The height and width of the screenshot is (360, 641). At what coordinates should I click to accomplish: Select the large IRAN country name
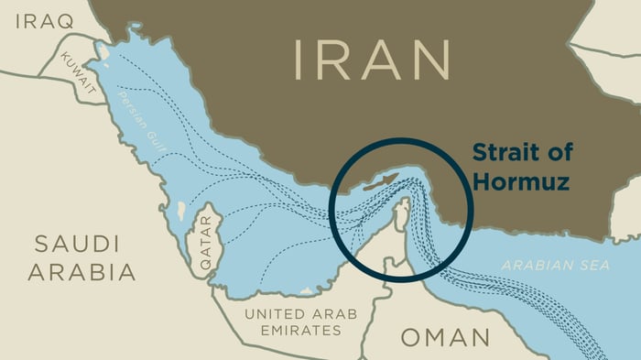(x=372, y=59)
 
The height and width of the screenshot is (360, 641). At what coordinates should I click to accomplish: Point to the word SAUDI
(x=78, y=244)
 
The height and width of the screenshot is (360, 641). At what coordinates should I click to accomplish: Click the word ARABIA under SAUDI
(x=81, y=272)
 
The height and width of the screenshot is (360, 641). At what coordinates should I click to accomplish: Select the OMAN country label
(x=444, y=337)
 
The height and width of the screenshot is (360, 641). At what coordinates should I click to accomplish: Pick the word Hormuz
(x=521, y=181)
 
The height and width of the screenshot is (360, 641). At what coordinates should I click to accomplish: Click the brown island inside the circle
(x=378, y=181)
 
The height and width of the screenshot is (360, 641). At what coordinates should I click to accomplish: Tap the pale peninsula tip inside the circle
(x=400, y=213)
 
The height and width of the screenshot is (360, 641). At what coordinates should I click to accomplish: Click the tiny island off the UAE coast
(x=303, y=291)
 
